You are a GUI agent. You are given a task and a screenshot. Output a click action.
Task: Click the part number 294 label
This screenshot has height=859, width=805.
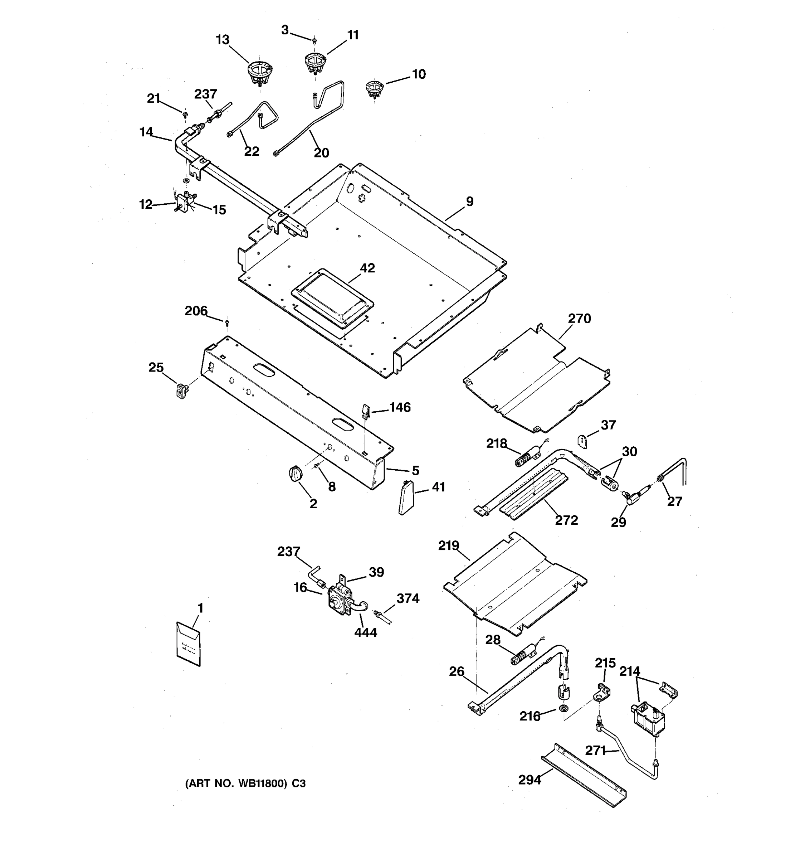pyautogui.click(x=530, y=780)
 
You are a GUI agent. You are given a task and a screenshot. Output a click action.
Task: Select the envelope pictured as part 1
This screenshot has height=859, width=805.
pyautogui.click(x=189, y=644)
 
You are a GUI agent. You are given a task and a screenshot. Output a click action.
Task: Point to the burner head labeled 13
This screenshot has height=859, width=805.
pyautogui.click(x=259, y=73)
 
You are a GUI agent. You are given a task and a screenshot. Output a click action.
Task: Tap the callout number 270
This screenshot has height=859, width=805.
pyautogui.click(x=579, y=319)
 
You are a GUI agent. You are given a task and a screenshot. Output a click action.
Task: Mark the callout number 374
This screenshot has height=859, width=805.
pyautogui.click(x=408, y=598)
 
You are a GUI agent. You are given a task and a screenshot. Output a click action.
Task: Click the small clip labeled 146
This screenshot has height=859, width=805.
pyautogui.click(x=365, y=410)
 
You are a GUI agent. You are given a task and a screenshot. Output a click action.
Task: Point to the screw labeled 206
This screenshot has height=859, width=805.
pyautogui.click(x=227, y=323)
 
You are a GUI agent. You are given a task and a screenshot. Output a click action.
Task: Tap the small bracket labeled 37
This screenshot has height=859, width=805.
pyautogui.click(x=583, y=442)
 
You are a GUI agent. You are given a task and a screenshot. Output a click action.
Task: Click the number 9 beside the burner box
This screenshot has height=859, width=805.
pyautogui.click(x=470, y=202)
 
